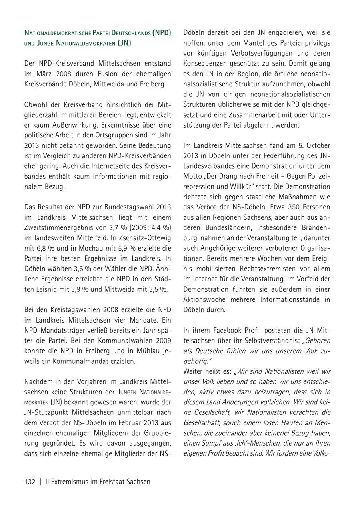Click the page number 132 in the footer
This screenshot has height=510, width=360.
pyautogui.click(x=30, y=482)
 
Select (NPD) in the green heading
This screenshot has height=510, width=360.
pyautogui.click(x=162, y=32)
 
